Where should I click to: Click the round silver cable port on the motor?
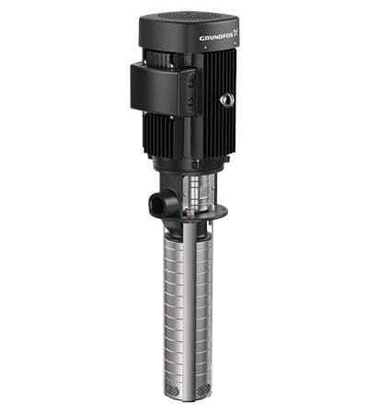(227, 98)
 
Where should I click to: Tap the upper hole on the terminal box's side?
(191, 81)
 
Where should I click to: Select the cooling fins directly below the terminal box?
(162, 138)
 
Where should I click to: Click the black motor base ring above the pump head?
(195, 163)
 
